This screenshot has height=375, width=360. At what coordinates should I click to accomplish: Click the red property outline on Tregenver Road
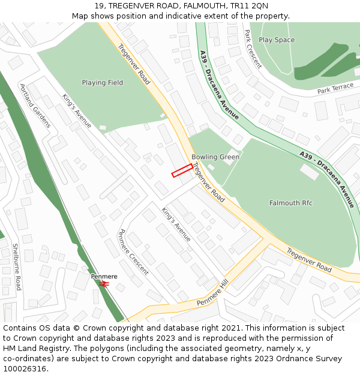click(x=182, y=170)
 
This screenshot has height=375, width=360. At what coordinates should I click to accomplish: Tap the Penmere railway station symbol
click(x=104, y=284)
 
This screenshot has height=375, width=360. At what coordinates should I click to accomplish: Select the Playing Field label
click(x=103, y=83)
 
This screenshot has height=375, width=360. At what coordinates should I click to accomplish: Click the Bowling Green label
click(x=215, y=157)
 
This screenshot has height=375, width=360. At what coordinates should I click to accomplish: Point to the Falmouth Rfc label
click(x=290, y=203)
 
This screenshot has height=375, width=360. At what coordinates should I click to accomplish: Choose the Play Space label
click(x=277, y=40)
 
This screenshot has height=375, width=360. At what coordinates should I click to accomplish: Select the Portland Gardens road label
click(x=35, y=106)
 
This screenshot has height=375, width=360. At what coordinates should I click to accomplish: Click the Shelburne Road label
click(x=17, y=266)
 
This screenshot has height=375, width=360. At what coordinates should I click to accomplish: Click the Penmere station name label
click(x=104, y=277)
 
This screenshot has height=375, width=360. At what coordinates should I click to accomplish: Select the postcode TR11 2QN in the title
click(x=253, y=6)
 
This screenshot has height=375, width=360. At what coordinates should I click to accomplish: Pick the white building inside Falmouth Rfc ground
click(x=310, y=172)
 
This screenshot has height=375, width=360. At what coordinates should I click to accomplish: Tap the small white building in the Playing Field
click(x=103, y=128)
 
